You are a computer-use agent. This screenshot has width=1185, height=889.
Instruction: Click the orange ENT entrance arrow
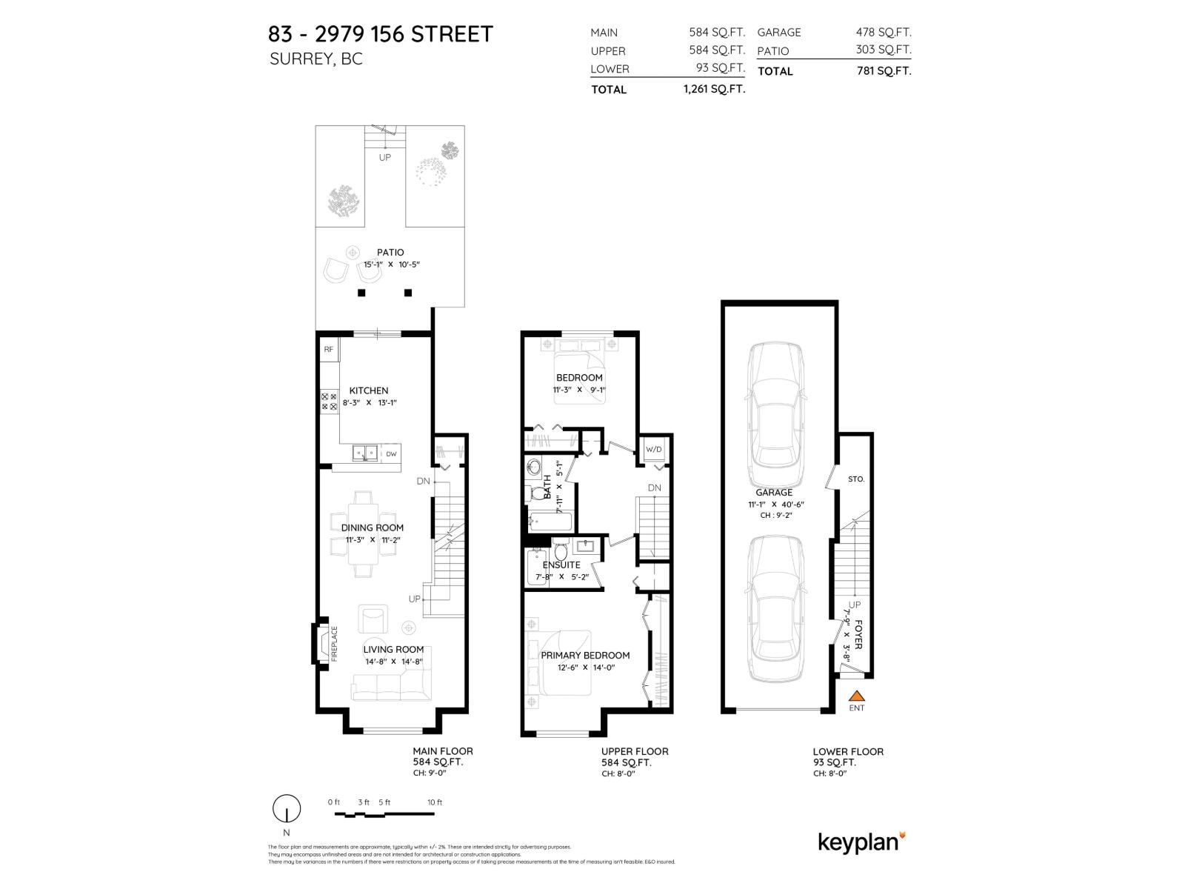coord(857,696)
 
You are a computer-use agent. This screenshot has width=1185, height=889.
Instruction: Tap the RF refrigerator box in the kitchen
coord(328,349)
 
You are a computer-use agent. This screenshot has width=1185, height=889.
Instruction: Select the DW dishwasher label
coord(391,453)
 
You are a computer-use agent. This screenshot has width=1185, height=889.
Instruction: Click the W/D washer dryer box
coord(654,450)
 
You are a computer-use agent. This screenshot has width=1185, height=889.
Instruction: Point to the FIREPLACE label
coord(334,643)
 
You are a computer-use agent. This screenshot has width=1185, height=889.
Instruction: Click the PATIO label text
coord(390,253)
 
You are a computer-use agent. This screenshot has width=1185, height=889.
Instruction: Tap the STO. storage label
coord(856,479)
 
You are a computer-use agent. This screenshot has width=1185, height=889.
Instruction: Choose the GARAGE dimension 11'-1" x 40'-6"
coord(775,505)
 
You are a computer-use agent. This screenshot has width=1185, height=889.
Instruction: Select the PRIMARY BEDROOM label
coord(585,655)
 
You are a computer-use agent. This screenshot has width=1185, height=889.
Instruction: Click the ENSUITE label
coord(561,565)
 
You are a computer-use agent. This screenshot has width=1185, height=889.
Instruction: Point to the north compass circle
coord(287,808)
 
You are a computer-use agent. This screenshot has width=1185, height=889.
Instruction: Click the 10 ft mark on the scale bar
coord(434,802)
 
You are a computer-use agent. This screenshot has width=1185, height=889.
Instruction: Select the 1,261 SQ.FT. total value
coord(714,89)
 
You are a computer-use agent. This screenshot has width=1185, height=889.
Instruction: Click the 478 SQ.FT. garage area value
coord(884,32)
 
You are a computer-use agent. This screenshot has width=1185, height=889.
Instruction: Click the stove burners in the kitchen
coord(329,402)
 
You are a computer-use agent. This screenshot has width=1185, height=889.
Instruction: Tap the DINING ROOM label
coord(373,527)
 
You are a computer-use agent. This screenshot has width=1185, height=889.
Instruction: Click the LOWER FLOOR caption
coord(848,751)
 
